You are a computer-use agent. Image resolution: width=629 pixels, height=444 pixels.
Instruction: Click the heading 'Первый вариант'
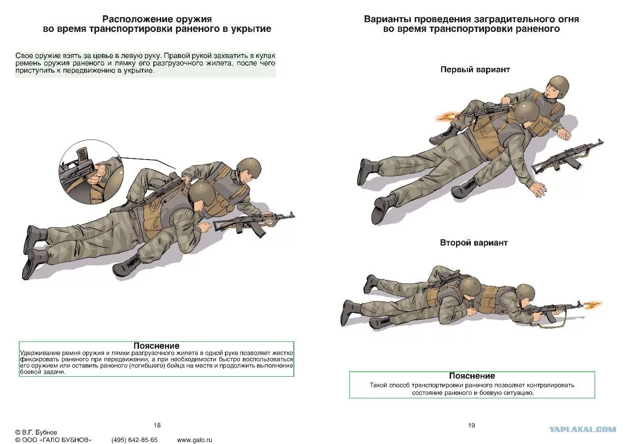(x=475, y=70)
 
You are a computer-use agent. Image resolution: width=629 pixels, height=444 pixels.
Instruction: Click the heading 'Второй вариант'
(x=473, y=243)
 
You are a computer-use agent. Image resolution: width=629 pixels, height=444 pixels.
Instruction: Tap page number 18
(x=157, y=425)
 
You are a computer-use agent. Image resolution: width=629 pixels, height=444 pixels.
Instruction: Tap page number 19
(x=471, y=425)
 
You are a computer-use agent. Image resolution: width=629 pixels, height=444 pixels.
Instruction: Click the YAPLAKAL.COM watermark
(x=582, y=429)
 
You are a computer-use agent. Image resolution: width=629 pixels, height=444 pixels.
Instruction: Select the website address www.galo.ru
(x=194, y=440)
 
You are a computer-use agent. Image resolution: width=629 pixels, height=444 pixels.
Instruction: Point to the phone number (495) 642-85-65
(x=134, y=440)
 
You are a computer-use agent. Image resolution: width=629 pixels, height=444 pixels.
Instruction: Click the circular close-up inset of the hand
(x=91, y=172)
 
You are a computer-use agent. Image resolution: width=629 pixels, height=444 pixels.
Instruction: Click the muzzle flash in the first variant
(x=445, y=116)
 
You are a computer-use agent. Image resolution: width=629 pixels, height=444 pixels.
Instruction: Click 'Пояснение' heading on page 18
(x=156, y=346)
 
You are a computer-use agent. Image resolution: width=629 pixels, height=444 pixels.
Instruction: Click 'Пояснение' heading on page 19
(x=472, y=376)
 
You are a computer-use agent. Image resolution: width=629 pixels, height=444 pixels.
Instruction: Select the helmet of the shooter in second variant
(x=525, y=293)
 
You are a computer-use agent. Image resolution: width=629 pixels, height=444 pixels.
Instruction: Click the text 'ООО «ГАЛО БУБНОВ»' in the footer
(x=57, y=440)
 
